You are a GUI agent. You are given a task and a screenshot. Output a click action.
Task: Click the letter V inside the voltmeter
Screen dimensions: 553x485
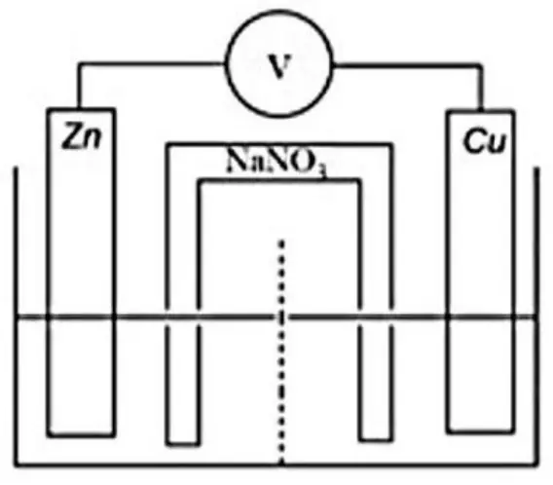[x=280, y=66]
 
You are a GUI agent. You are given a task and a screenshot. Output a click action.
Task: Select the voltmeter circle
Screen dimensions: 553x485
[x=226, y=64]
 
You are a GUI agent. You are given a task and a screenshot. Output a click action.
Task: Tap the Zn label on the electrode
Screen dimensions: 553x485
[x=82, y=135]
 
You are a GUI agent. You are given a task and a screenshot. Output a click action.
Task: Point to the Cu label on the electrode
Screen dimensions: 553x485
[x=485, y=141]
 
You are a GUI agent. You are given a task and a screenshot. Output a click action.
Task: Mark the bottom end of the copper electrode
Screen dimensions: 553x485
[x=480, y=430]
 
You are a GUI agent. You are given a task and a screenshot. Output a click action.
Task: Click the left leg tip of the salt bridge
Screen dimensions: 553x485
[x=183, y=443]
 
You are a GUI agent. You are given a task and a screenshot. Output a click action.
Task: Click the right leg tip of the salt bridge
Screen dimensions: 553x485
[x=375, y=439]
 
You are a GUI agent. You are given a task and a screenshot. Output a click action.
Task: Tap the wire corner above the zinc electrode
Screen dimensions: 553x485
[x=80, y=64]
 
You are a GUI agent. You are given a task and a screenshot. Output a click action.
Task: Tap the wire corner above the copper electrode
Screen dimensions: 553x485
[x=481, y=65]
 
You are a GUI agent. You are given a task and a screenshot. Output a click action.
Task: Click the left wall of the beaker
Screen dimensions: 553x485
[x=16, y=316]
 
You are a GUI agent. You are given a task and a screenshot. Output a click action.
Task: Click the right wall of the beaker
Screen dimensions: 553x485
[x=536, y=316]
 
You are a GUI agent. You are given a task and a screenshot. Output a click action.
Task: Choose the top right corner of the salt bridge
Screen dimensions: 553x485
[x=390, y=144]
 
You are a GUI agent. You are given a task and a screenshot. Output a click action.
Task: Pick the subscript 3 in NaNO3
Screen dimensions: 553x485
[x=322, y=171]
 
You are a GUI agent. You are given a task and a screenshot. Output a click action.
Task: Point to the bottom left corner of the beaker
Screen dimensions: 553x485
[x=17, y=465]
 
